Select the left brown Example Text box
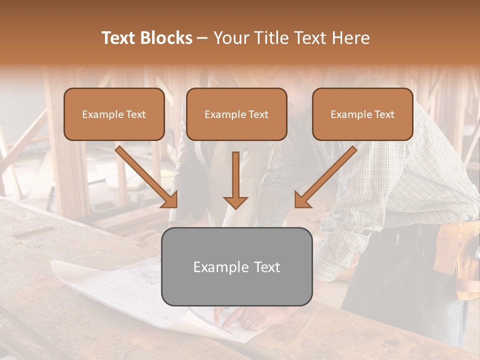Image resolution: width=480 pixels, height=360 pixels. (114, 114)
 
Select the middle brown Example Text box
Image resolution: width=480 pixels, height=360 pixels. (236, 114)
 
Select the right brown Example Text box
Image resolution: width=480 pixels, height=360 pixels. (362, 114)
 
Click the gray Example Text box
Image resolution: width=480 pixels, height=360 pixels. (236, 266)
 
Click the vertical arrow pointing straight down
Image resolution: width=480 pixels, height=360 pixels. (235, 180)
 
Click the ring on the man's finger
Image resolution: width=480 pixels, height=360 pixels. (249, 321)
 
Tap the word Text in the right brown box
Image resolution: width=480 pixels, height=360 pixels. (384, 114)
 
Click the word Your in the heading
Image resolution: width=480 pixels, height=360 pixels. (228, 38)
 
